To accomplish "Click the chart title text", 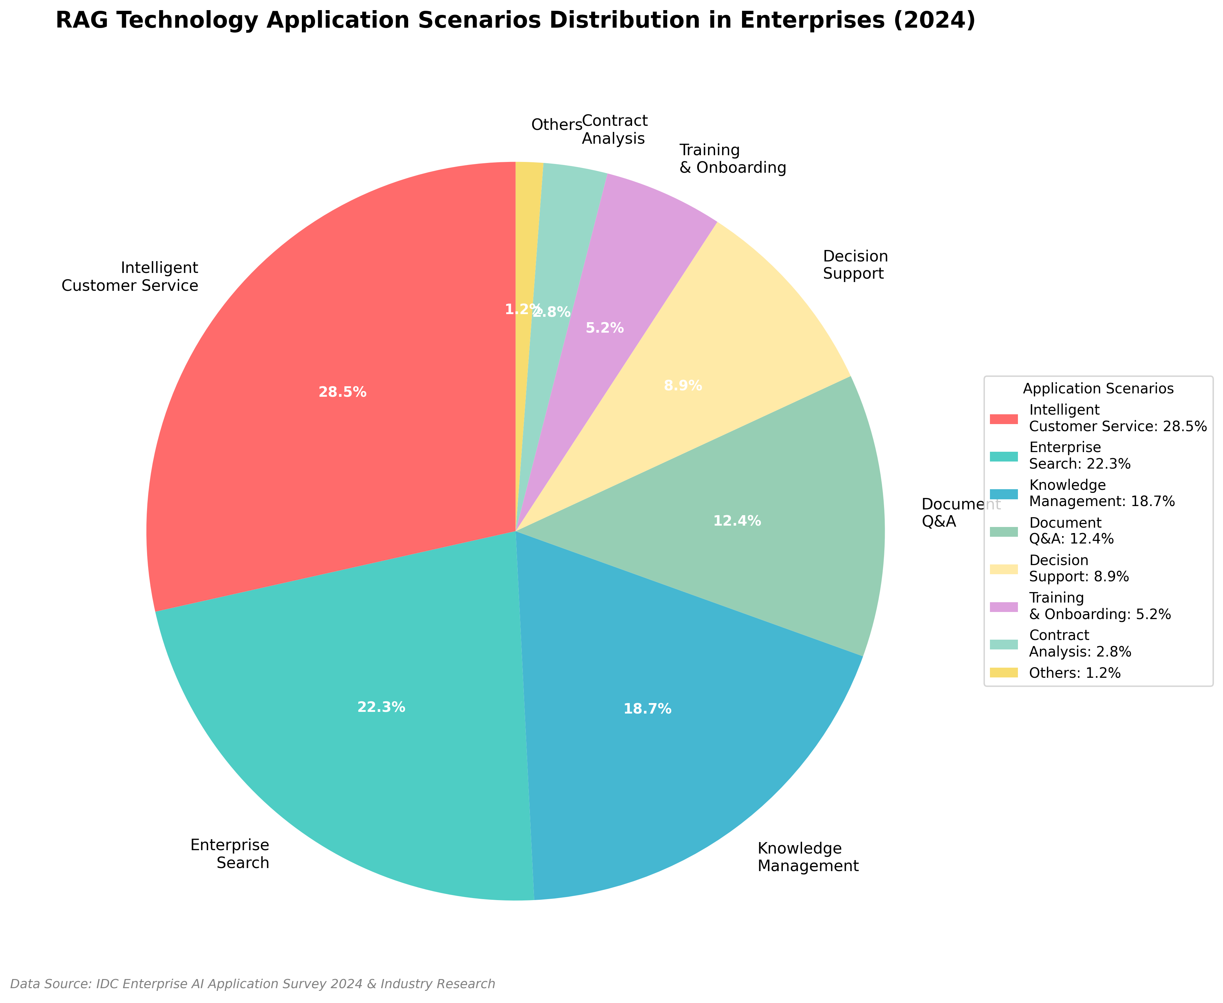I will [515, 21].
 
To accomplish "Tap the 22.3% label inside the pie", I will [381, 707].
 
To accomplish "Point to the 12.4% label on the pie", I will [737, 521].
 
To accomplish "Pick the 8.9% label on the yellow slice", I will [683, 385].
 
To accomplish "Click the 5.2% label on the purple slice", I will [604, 328].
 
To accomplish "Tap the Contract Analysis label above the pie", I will [614, 130].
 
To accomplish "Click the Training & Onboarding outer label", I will [733, 159].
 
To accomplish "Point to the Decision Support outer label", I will [855, 264].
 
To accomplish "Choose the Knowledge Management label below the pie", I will [807, 857].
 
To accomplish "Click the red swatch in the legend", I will [1003, 418].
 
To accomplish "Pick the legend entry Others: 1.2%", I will [1075, 672].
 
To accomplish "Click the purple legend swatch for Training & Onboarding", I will [1003, 606].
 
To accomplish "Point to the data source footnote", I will [252, 984].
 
